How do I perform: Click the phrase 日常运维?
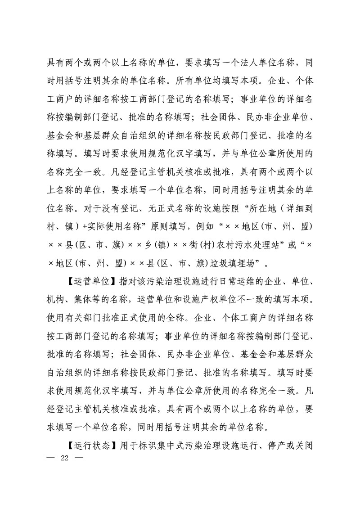[x=212, y=282]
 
